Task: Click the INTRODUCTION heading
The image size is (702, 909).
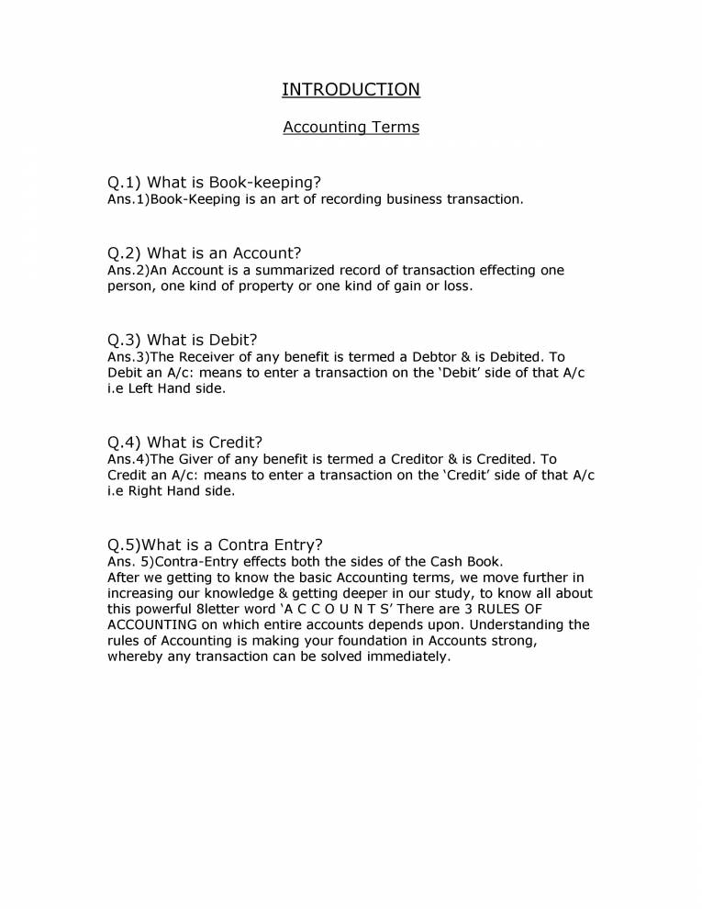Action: click(351, 89)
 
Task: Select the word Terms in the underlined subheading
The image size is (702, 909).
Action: click(396, 127)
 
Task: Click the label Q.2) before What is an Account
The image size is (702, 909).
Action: click(125, 253)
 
